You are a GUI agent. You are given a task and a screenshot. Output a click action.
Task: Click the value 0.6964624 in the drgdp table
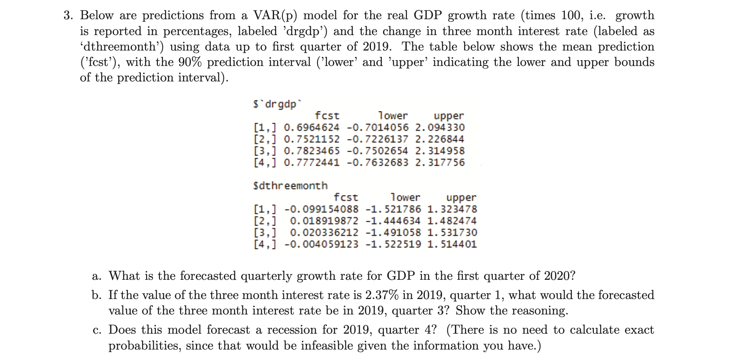(x=312, y=127)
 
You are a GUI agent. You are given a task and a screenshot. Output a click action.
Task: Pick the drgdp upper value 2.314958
(x=440, y=151)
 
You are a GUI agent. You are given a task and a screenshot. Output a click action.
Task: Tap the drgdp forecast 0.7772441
(x=312, y=162)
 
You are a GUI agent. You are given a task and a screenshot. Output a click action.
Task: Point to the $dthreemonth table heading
(x=290, y=185)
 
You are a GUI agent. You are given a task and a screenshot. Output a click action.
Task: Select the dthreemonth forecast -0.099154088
(x=321, y=209)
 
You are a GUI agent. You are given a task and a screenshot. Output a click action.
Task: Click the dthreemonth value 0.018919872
(x=324, y=221)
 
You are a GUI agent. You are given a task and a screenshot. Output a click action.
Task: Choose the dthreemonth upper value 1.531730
(x=452, y=233)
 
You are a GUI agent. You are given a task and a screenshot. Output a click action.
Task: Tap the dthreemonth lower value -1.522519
(x=393, y=244)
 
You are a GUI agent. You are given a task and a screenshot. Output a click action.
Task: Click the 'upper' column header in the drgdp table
(x=449, y=116)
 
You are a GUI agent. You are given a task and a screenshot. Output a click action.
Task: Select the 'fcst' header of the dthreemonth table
(x=346, y=197)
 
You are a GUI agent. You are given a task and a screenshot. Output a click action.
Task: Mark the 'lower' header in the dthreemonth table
(x=405, y=197)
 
